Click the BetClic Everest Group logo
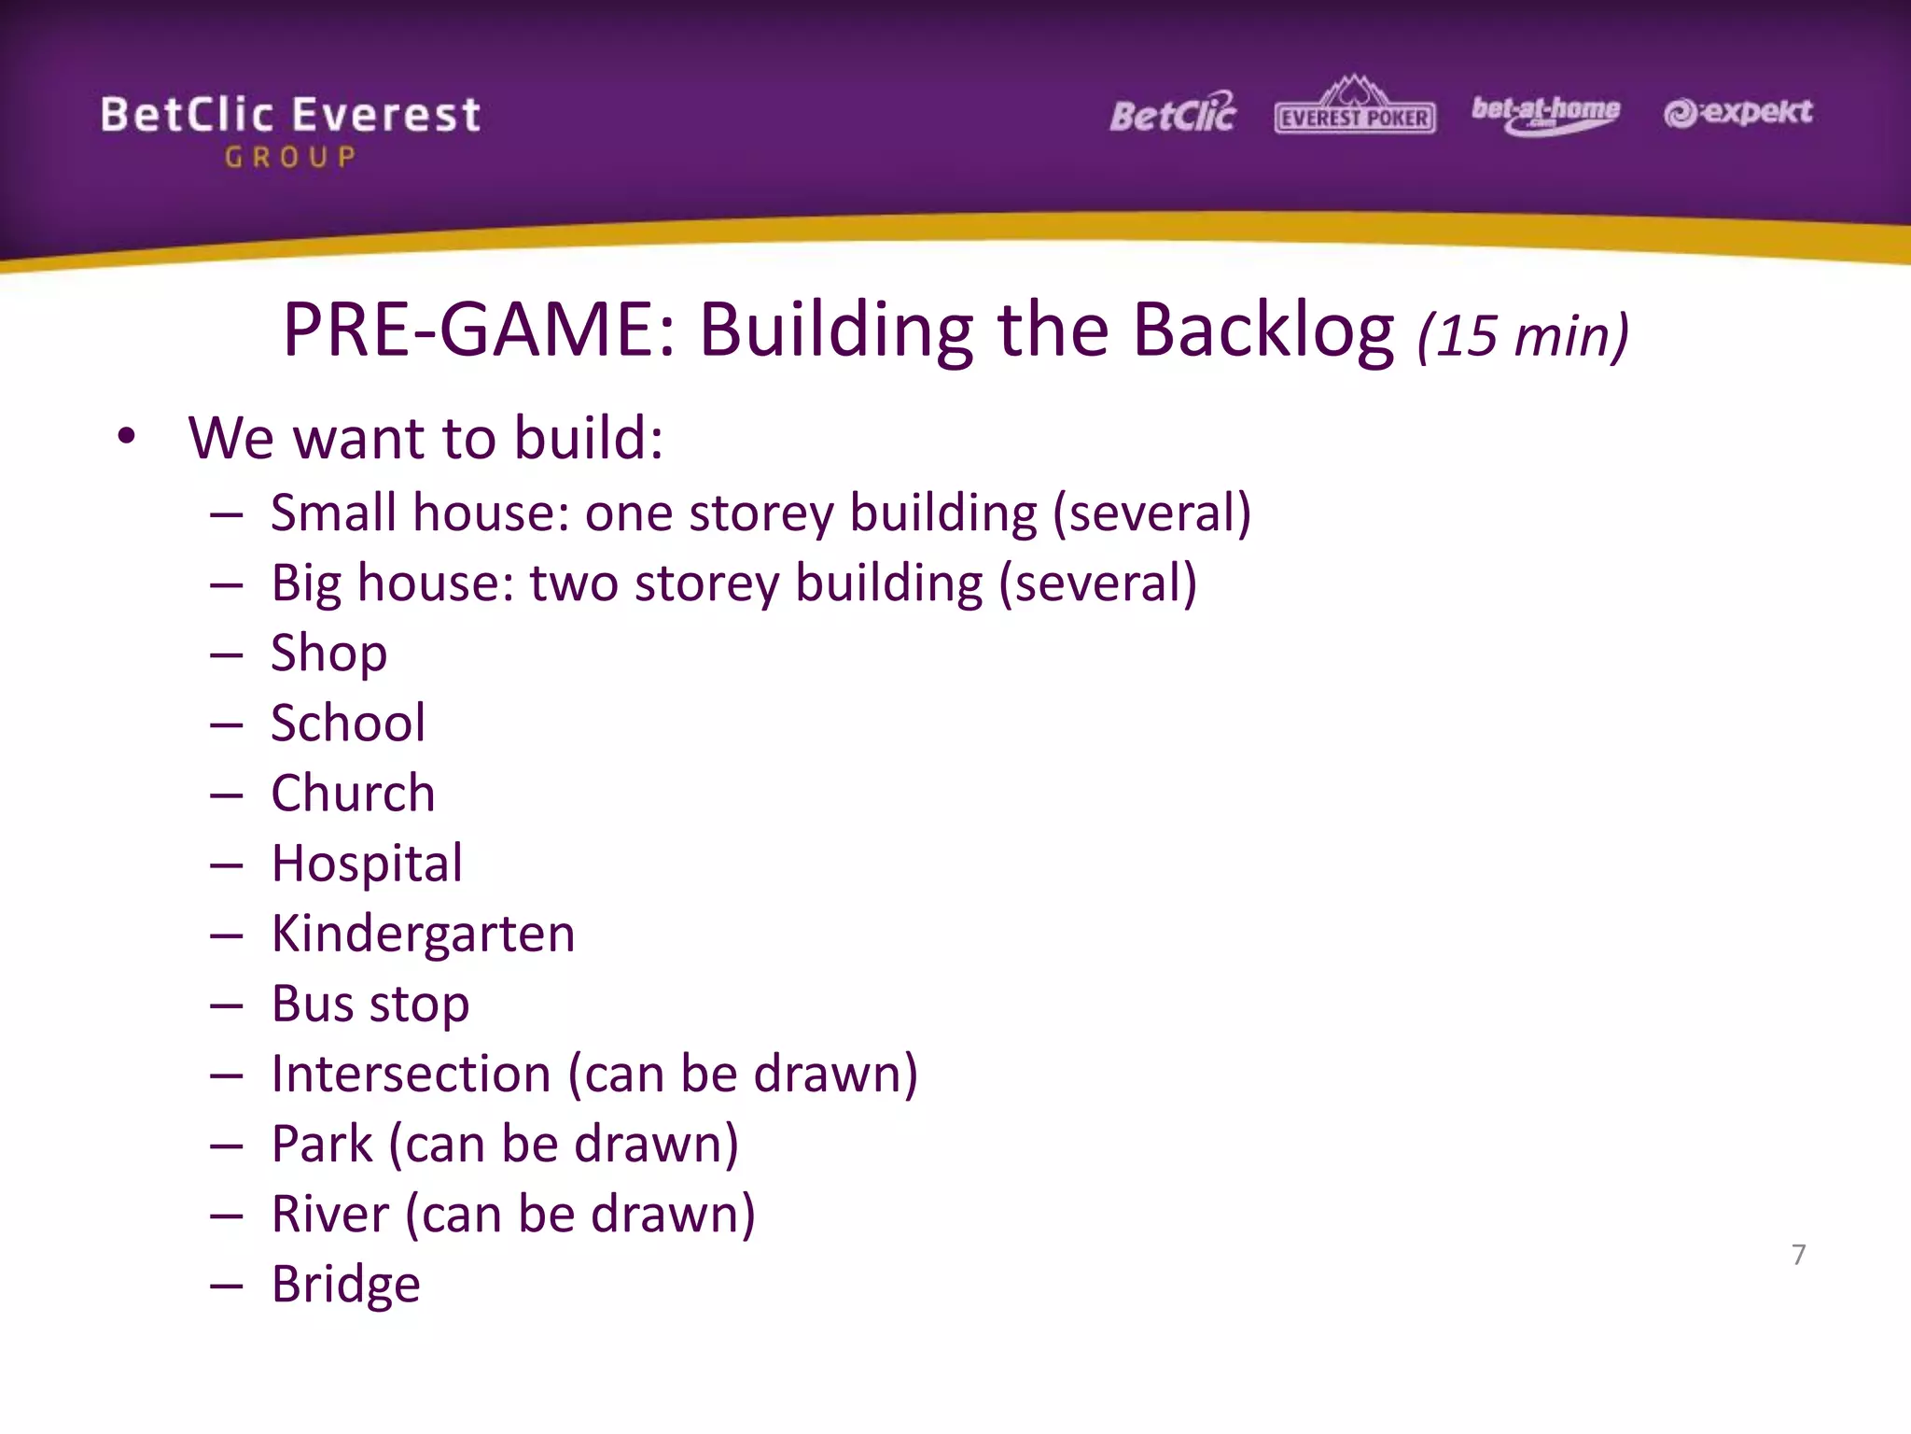click(290, 131)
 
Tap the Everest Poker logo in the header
click(1354, 108)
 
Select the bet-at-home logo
click(1545, 114)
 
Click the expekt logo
click(1737, 113)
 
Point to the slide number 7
click(1798, 1254)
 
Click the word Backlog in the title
click(1263, 330)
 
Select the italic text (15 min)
click(1523, 336)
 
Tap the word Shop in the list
click(328, 653)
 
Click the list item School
click(348, 723)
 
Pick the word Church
click(353, 794)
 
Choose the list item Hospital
click(367, 864)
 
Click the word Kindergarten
click(423, 934)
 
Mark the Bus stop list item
click(370, 1005)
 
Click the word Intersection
click(411, 1074)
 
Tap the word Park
click(322, 1144)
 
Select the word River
click(330, 1215)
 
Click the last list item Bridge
click(345, 1285)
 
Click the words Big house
click(393, 583)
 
